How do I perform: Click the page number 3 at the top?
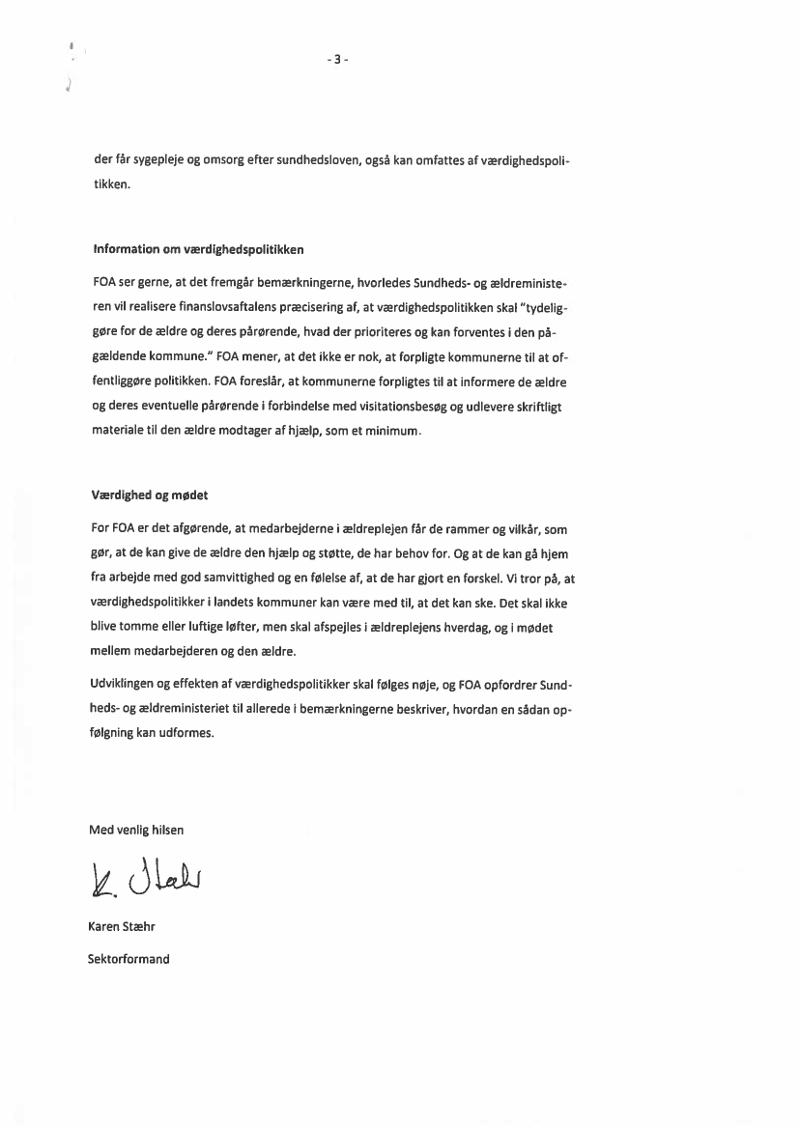coord(337,60)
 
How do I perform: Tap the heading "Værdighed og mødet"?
coord(150,495)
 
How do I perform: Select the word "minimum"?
coord(395,432)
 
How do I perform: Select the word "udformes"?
coord(188,733)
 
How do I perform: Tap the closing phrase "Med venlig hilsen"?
coord(136,830)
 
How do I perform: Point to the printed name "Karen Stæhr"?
coord(122,927)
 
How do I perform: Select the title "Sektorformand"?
coord(129,959)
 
